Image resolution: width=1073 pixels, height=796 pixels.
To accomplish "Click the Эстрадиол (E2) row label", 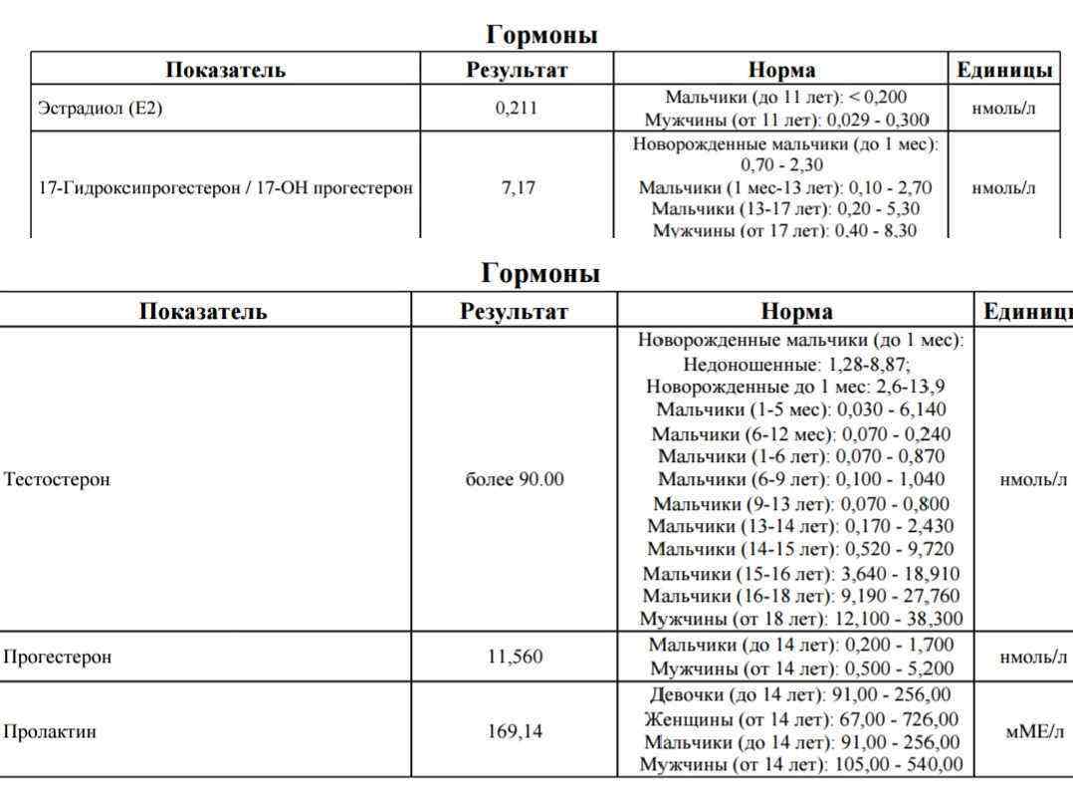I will [100, 109].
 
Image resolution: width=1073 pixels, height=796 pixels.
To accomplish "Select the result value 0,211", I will [516, 109].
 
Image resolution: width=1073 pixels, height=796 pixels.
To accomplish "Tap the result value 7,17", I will [516, 187].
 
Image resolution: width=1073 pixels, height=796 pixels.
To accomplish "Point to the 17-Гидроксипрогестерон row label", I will [225, 187].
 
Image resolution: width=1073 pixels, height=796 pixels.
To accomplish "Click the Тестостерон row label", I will [57, 479].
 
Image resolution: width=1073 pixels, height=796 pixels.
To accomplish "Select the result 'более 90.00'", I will [515, 479].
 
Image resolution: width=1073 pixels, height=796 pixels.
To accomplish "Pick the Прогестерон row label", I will [57, 657].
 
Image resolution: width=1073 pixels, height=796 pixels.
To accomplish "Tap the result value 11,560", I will [515, 657].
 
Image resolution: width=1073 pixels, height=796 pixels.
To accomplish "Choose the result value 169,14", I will [515, 732].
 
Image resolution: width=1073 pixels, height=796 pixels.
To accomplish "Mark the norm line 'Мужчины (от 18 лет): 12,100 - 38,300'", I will [802, 619].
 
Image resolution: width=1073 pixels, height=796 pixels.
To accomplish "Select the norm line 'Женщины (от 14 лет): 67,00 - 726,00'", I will [801, 719].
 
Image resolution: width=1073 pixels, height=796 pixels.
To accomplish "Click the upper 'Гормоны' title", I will [541, 35].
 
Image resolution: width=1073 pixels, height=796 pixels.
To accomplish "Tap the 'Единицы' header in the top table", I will [1003, 70].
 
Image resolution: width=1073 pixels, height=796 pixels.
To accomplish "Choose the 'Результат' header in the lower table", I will [514, 312].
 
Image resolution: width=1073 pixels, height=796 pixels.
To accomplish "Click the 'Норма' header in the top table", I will [781, 70].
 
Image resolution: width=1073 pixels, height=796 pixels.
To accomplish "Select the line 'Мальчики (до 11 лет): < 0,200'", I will [785, 98].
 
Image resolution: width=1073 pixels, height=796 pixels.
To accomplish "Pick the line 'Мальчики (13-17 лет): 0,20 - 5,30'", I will [785, 209].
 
